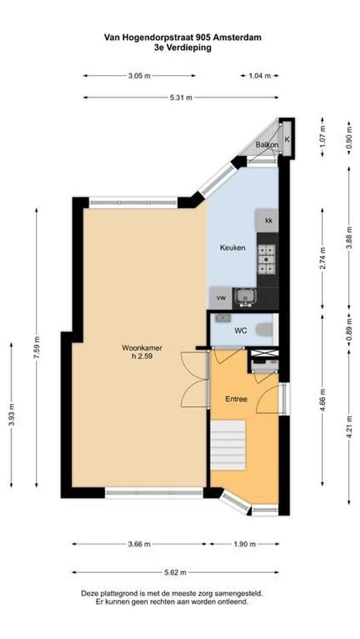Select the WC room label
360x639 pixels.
pos(240,330)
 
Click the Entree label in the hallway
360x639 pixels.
pos(236,399)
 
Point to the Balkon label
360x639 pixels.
pos(266,145)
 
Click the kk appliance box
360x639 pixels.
pos(268,221)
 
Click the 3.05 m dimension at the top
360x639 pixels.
pos(139,76)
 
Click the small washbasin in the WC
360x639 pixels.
pos(222,318)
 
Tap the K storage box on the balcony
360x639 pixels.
pos(287,140)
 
